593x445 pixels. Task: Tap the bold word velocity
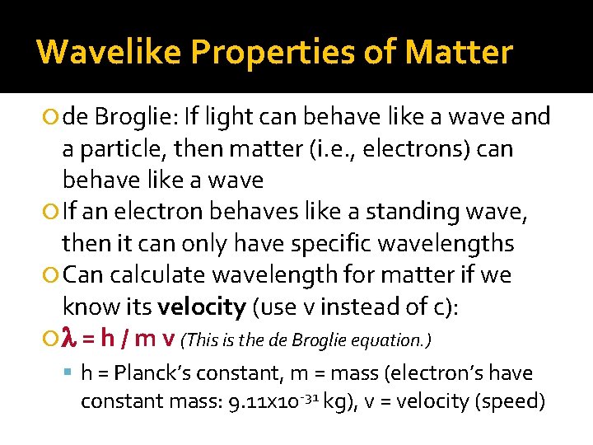click(201, 307)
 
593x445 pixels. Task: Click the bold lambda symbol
click(70, 339)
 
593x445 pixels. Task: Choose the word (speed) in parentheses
click(519, 401)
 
